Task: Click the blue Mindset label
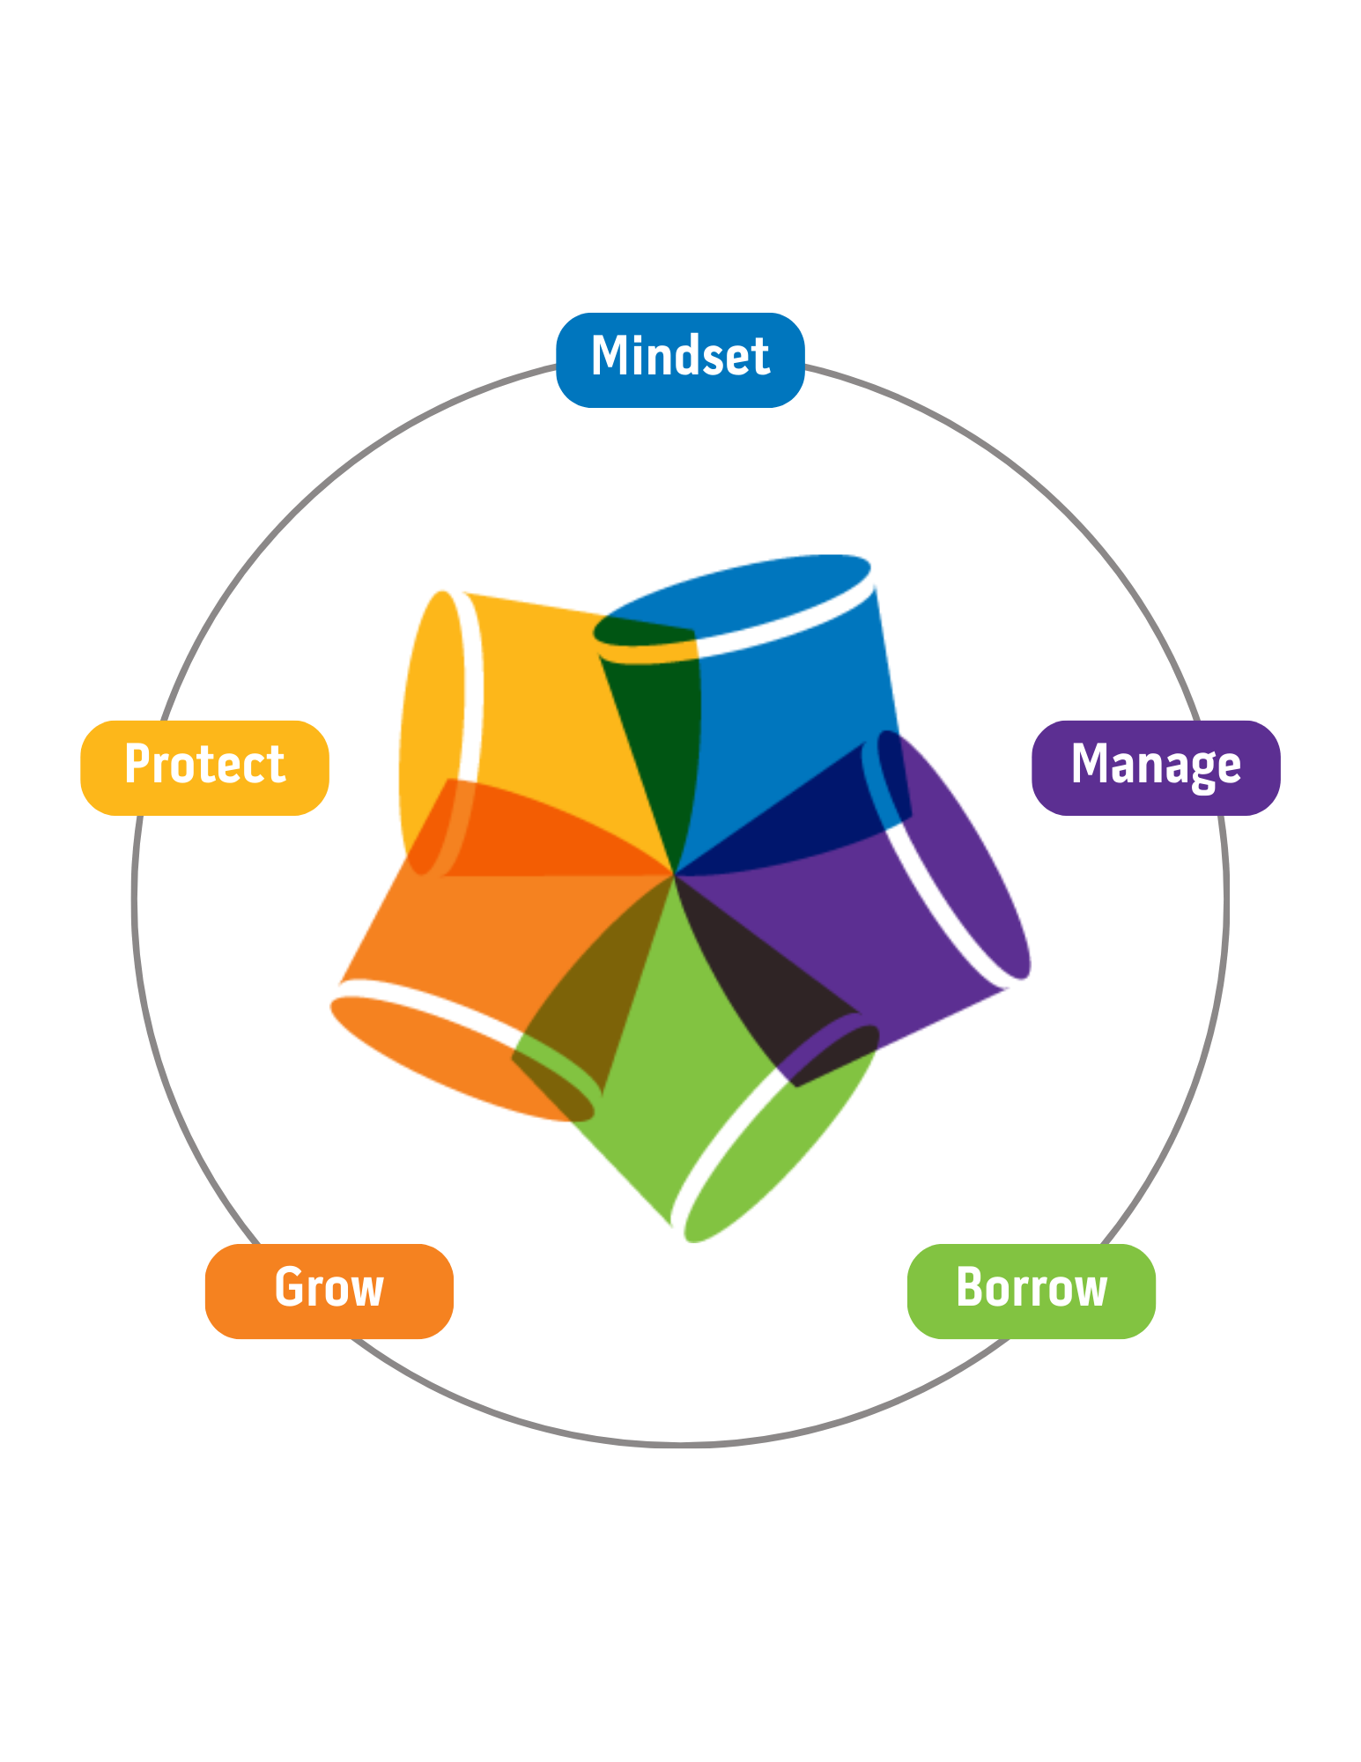point(680,359)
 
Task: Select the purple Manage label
point(1155,767)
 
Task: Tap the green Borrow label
point(1031,1291)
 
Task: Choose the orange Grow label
point(329,1291)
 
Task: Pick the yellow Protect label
point(204,767)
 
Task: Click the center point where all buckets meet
point(674,875)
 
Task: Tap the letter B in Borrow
point(970,1288)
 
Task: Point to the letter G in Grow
point(290,1288)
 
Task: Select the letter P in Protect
point(137,764)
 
